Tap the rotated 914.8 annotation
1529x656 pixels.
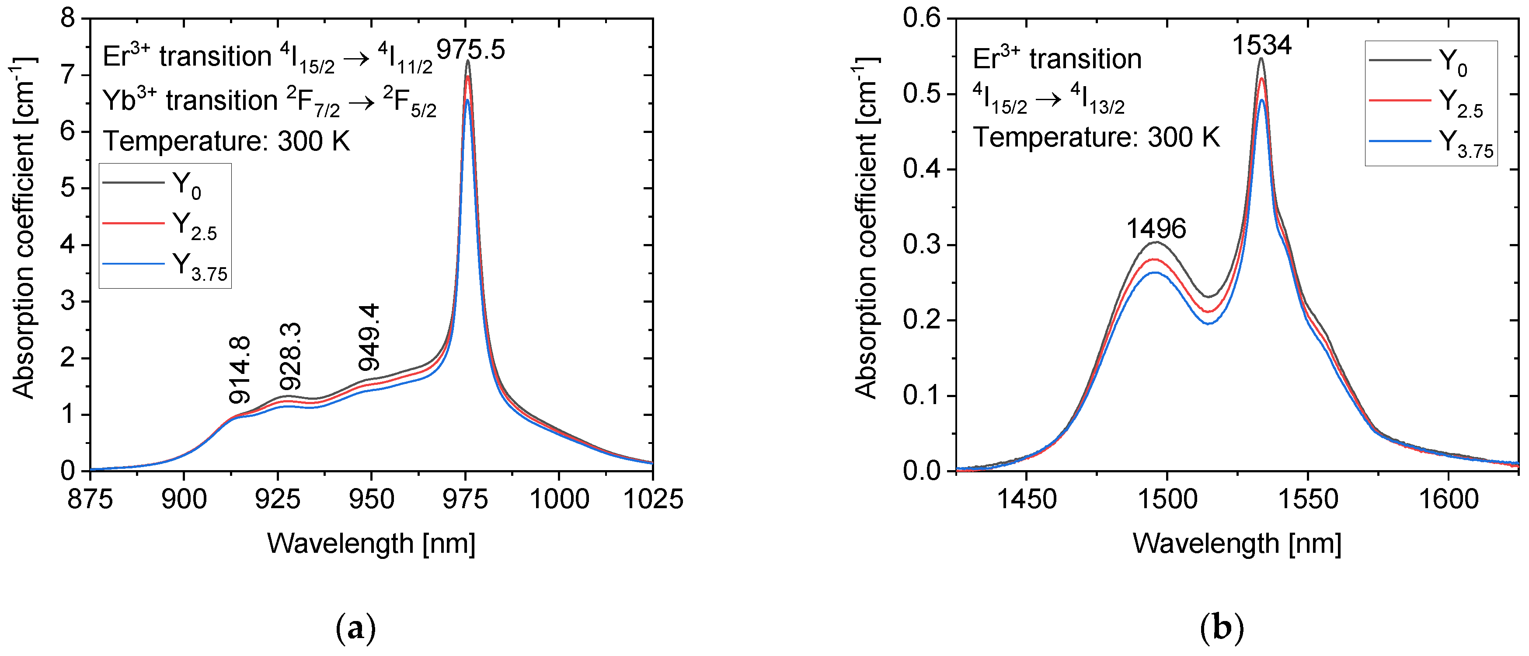click(x=241, y=370)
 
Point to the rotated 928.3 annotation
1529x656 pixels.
click(x=291, y=356)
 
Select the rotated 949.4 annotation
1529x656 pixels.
click(x=369, y=337)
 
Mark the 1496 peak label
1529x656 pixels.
click(x=1156, y=229)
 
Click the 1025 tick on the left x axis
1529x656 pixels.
click(x=652, y=499)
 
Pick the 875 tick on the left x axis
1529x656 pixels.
click(x=90, y=499)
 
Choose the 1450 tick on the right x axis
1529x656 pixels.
click(x=1026, y=499)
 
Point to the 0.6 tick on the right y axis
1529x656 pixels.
click(x=922, y=18)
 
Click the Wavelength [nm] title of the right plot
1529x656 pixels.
click(x=1237, y=543)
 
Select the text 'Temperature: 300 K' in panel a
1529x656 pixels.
click(x=227, y=141)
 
